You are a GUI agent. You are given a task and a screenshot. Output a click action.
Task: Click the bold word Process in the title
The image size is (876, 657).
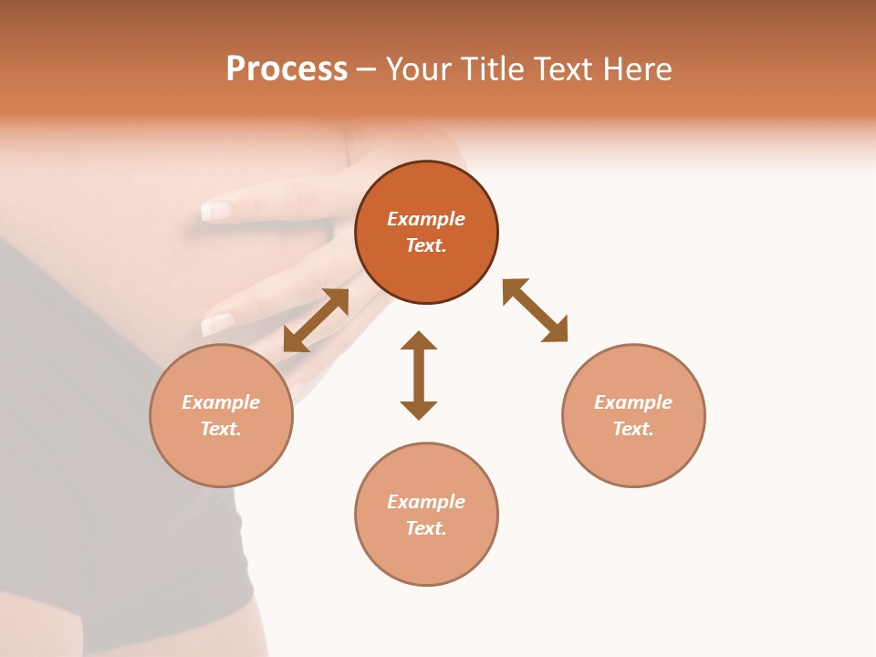(287, 69)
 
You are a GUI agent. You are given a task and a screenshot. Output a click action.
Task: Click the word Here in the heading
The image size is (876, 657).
(636, 69)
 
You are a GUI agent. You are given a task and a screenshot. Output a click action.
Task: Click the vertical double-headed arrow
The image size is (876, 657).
(419, 376)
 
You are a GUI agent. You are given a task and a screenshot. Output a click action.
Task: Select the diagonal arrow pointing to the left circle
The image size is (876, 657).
(316, 320)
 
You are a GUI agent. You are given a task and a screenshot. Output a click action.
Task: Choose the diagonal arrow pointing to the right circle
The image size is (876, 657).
(536, 310)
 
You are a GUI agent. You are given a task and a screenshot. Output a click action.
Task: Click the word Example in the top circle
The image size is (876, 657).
(426, 219)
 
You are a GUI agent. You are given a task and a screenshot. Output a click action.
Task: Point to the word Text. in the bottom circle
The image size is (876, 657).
(426, 528)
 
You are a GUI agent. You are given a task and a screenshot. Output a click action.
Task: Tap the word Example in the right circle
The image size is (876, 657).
(633, 402)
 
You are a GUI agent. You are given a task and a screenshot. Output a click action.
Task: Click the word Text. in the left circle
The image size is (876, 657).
(221, 429)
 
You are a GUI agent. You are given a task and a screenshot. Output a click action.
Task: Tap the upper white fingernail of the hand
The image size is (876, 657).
(216, 212)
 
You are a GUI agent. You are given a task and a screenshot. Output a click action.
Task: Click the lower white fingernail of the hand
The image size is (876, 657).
(218, 324)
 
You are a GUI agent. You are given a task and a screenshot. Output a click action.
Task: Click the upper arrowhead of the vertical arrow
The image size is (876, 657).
(419, 341)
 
